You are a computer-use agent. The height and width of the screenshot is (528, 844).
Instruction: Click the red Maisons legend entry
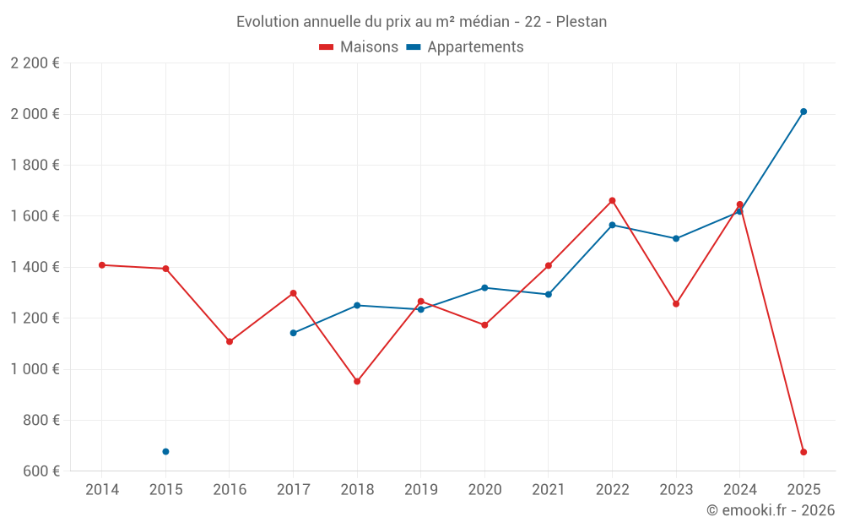pyautogui.click(x=359, y=47)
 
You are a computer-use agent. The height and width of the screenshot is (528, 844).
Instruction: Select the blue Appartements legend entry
pyautogui.click(x=465, y=47)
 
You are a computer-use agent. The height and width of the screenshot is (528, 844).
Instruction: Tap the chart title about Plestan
pyautogui.click(x=421, y=22)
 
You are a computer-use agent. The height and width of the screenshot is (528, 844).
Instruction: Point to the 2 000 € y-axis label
pyautogui.click(x=35, y=114)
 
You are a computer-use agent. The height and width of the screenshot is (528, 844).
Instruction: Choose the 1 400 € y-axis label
pyautogui.click(x=35, y=267)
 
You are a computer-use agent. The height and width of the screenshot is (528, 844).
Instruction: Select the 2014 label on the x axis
pyautogui.click(x=102, y=490)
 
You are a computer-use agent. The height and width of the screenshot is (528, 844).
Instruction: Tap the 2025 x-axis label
pyautogui.click(x=803, y=490)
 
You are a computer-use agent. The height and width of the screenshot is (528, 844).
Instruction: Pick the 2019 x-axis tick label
pyautogui.click(x=421, y=490)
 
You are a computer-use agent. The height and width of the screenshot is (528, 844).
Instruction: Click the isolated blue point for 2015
pyautogui.click(x=165, y=452)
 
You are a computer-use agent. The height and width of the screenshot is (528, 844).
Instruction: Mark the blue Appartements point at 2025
pyautogui.click(x=803, y=112)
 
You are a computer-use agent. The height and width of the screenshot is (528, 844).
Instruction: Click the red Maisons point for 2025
pyautogui.click(x=803, y=452)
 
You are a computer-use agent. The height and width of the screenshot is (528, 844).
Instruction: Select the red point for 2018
pyautogui.click(x=357, y=382)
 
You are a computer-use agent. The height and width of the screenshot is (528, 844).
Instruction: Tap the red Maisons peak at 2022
pyautogui.click(x=612, y=201)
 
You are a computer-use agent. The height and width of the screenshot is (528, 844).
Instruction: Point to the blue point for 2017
pyautogui.click(x=293, y=333)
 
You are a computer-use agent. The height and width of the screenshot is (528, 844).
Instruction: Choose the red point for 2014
pyautogui.click(x=102, y=265)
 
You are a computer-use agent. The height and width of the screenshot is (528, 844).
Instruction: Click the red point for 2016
pyautogui.click(x=230, y=342)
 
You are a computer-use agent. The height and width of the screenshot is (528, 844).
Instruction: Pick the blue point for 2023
pyautogui.click(x=676, y=238)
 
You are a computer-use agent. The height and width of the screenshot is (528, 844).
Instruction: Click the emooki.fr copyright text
pyautogui.click(x=771, y=510)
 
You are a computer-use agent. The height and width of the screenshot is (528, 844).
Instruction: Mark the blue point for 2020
pyautogui.click(x=484, y=288)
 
